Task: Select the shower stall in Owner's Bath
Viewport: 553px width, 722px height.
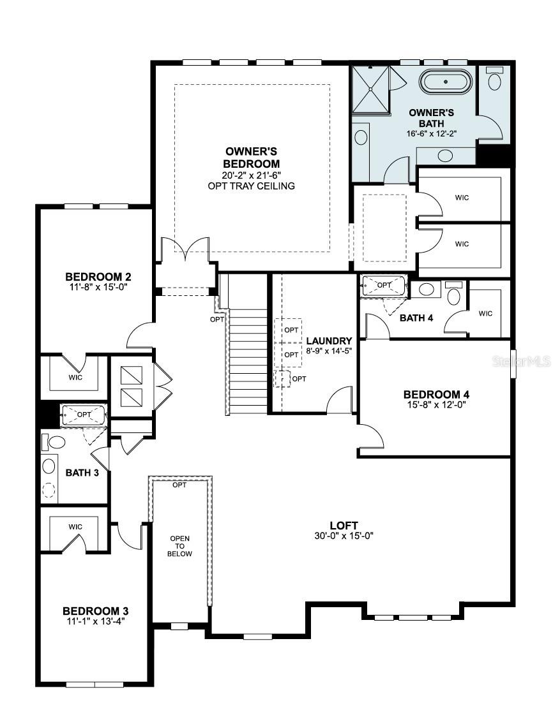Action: tap(371, 89)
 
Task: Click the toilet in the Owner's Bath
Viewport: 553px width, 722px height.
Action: tap(495, 80)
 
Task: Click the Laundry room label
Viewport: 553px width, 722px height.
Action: tap(329, 341)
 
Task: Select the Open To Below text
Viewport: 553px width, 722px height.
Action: tap(179, 546)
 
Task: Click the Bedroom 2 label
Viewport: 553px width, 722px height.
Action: tap(98, 277)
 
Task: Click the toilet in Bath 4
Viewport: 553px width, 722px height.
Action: tap(454, 295)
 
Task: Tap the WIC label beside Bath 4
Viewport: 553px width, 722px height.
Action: tap(485, 313)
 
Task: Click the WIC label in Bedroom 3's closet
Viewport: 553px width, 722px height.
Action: tap(75, 527)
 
